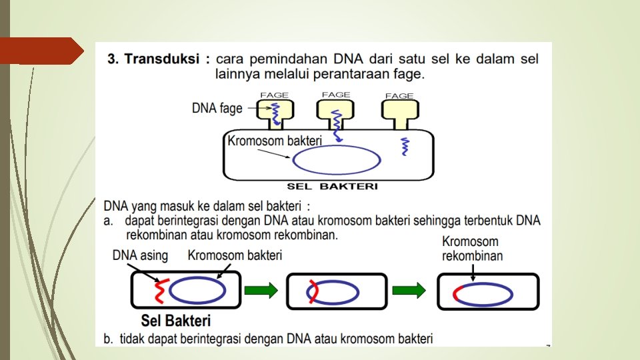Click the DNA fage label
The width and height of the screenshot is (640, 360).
pyautogui.click(x=217, y=107)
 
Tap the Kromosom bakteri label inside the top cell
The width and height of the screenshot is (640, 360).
pyautogui.click(x=275, y=141)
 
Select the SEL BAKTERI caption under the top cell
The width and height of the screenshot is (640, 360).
pyautogui.click(x=331, y=186)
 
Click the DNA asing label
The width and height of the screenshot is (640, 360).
pyautogui.click(x=140, y=255)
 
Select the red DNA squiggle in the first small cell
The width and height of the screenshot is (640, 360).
pyautogui.click(x=160, y=291)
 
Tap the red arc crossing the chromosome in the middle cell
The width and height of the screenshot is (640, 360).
pyautogui.click(x=312, y=291)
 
